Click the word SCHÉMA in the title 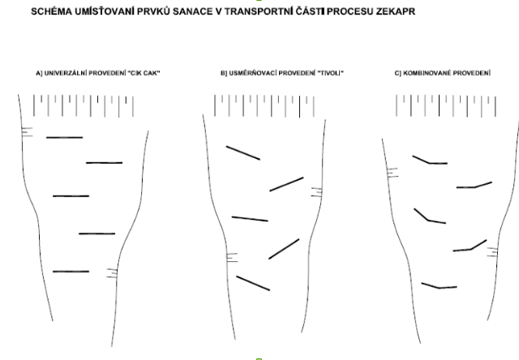(51, 11)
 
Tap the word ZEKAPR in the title (396, 11)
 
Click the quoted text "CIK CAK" (144, 73)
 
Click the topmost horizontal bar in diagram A (65, 137)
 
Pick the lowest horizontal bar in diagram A (71, 272)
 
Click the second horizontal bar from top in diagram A (105, 163)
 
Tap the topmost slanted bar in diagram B (243, 153)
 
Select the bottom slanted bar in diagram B (253, 283)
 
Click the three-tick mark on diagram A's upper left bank (27, 131)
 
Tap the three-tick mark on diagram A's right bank (112, 273)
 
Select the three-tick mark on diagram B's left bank (232, 257)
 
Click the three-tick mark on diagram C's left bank (392, 173)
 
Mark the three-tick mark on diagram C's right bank (492, 252)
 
